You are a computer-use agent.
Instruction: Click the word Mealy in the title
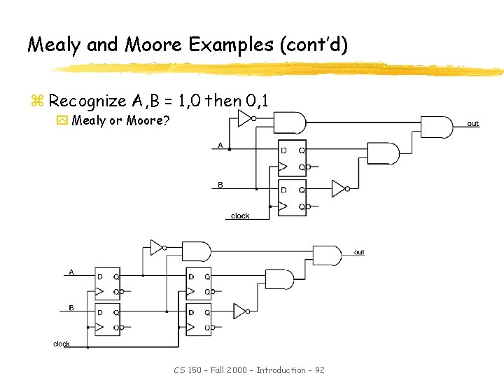55,45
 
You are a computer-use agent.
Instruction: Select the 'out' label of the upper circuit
473,124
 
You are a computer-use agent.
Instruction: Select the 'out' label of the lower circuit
359,252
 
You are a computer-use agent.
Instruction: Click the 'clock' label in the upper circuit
240,216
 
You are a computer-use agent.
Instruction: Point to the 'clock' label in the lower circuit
62,344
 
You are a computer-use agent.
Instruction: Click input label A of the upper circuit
220,146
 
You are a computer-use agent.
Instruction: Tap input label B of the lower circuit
71,307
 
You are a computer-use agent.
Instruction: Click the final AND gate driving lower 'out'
326,255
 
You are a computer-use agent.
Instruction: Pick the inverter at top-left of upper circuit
244,118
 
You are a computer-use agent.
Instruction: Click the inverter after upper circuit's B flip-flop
339,188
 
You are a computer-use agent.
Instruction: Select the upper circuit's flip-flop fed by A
292,158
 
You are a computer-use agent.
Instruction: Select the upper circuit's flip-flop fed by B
292,197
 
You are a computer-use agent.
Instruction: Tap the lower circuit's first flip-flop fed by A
107,284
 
